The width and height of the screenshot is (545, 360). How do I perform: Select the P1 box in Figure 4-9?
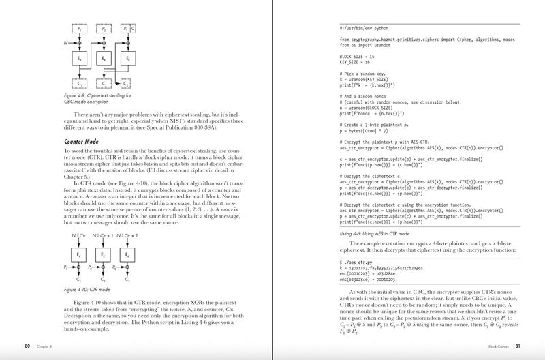[81, 29]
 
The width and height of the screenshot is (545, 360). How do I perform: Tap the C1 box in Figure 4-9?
[81, 83]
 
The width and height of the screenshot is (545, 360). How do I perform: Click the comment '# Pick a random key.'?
[363, 72]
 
